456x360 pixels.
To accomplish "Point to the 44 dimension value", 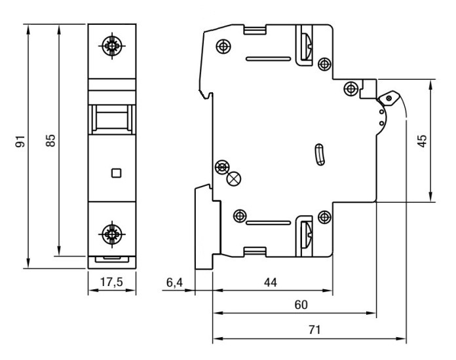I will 270,282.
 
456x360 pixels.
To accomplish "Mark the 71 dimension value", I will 315,329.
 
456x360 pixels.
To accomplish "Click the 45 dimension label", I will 423,141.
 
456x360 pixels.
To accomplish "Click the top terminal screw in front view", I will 113,45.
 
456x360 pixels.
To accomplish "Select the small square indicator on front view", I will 116,173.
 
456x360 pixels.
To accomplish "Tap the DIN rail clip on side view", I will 203,226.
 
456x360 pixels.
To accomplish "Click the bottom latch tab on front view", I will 113,259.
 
